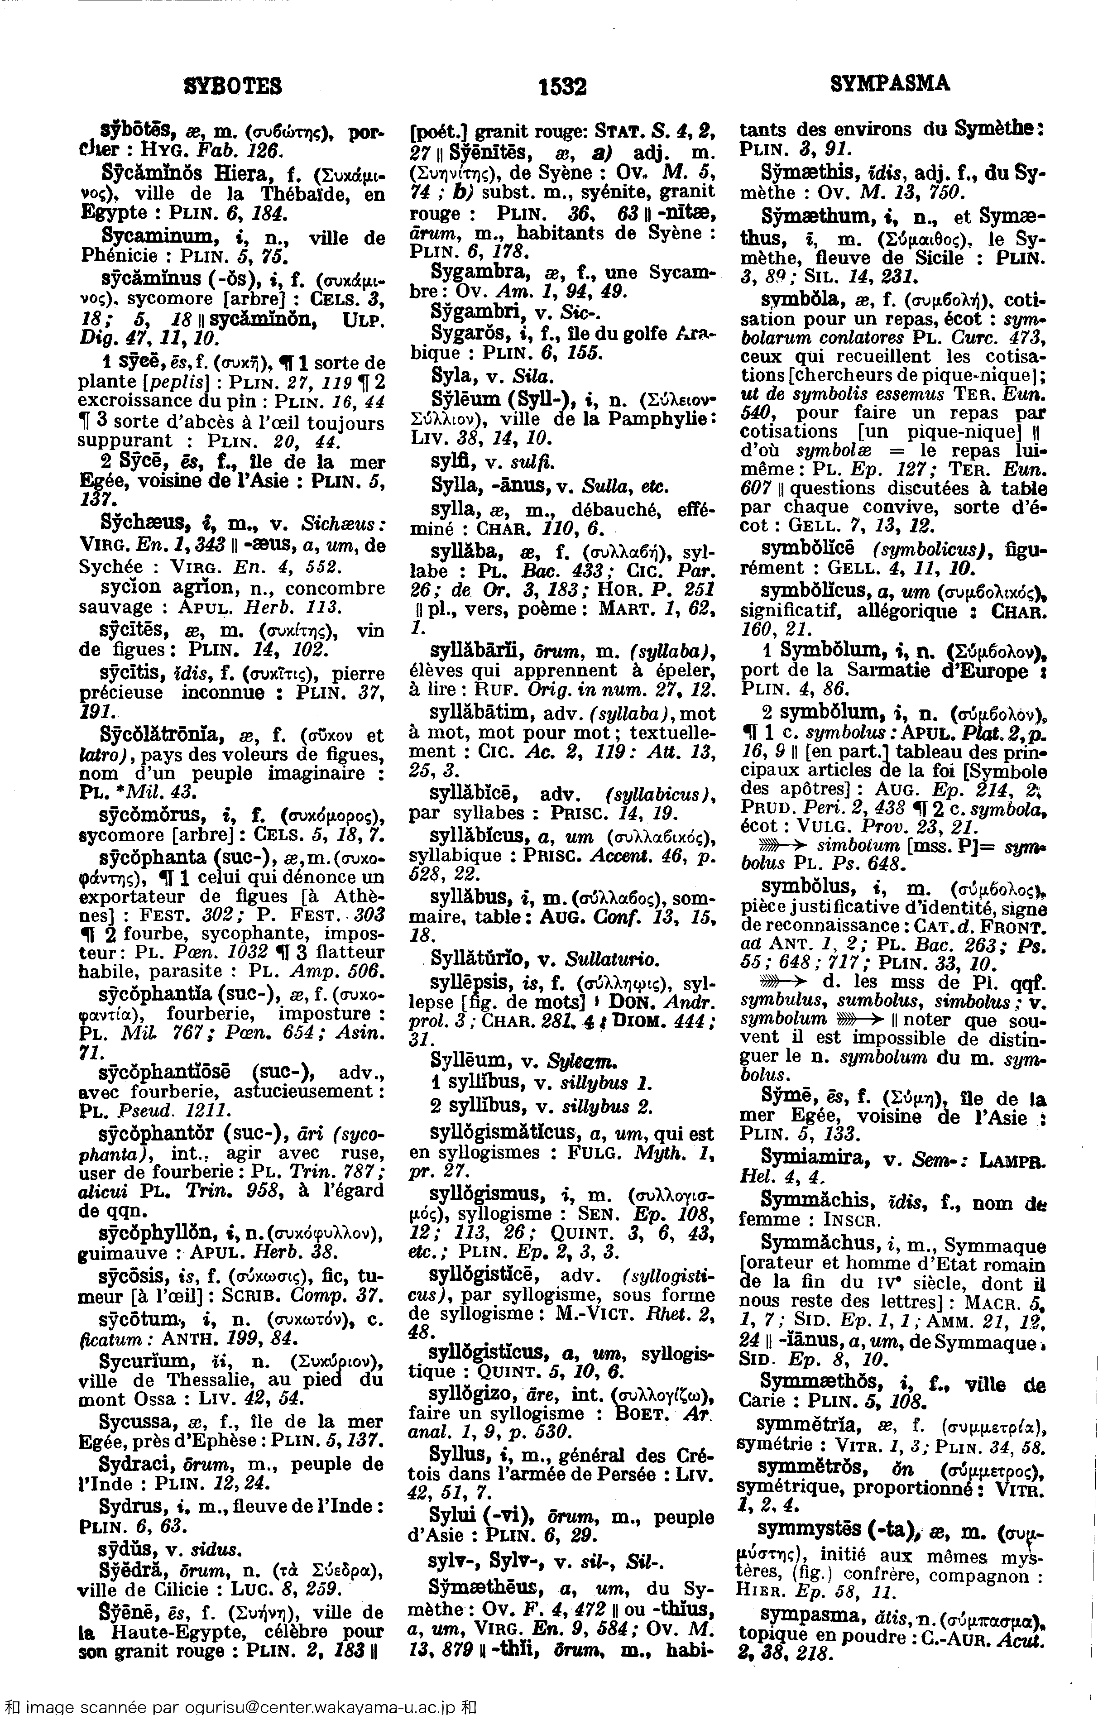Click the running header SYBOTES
pyautogui.click(x=233, y=86)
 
